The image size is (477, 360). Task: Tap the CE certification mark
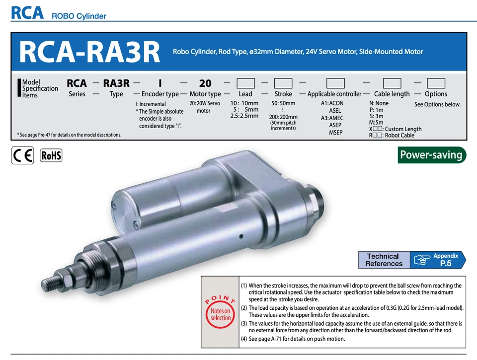click(23, 155)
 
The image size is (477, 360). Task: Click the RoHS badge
click(51, 155)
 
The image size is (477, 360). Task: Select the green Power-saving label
click(432, 155)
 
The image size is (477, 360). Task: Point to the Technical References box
click(384, 260)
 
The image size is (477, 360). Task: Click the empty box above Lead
click(245, 83)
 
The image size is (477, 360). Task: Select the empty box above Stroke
click(283, 83)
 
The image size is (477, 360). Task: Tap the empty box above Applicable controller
click(335, 83)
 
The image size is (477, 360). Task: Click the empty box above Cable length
click(392, 83)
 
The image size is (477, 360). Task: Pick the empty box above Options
click(436, 83)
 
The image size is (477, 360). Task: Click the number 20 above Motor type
click(205, 83)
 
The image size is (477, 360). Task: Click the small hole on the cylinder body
click(240, 236)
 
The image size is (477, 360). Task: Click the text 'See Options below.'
click(437, 105)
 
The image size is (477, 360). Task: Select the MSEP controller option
click(335, 133)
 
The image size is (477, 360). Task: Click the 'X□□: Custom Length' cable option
click(395, 129)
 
